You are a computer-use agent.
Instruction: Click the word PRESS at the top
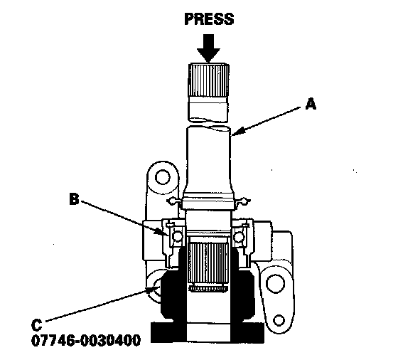pyautogui.click(x=209, y=19)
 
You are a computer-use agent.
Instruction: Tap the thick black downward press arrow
pyautogui.click(x=208, y=48)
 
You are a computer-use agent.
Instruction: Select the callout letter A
pyautogui.click(x=311, y=104)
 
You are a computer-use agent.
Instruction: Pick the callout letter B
pyautogui.click(x=74, y=199)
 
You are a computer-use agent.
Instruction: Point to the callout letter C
pyautogui.click(x=36, y=325)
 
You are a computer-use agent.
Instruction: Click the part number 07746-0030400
pyautogui.click(x=86, y=340)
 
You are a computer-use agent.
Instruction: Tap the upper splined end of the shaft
pyautogui.click(x=208, y=80)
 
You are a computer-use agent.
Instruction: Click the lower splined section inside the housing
pyautogui.click(x=208, y=263)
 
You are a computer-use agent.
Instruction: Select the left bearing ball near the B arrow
pyautogui.click(x=177, y=236)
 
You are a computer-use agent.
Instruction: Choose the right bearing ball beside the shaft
pyautogui.click(x=239, y=237)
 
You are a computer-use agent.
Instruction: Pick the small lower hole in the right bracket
pyautogui.click(x=279, y=320)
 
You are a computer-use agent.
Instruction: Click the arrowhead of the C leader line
pyautogui.click(x=154, y=290)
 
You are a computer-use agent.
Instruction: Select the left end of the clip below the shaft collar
pyautogui.click(x=173, y=201)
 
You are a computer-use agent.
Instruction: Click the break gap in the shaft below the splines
pyautogui.click(x=209, y=124)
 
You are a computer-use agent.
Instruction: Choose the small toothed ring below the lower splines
pyautogui.click(x=208, y=288)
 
